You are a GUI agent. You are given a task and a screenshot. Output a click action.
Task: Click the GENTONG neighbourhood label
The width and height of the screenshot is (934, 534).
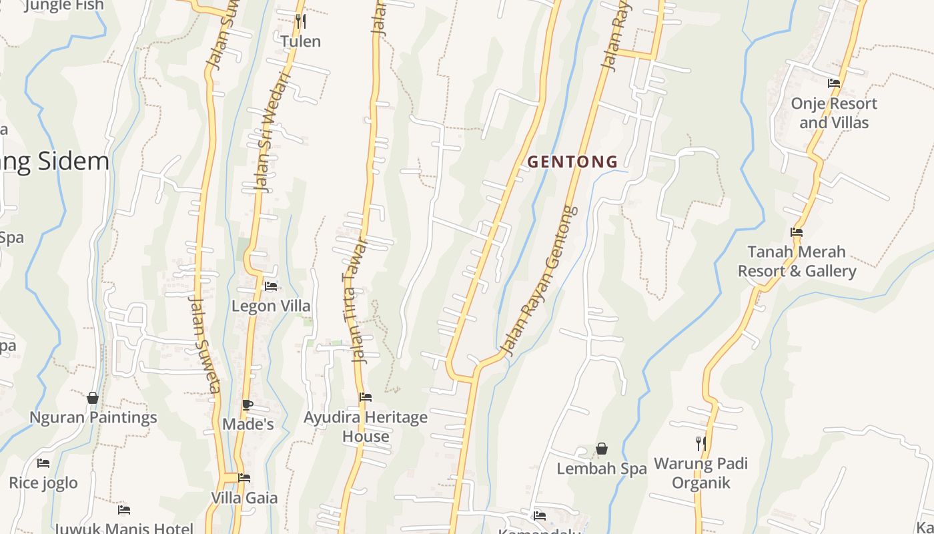572,162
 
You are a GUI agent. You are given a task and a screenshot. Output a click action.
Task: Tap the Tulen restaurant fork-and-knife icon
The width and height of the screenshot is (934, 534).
300,21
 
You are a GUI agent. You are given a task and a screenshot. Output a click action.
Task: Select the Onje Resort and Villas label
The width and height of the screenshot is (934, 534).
834,113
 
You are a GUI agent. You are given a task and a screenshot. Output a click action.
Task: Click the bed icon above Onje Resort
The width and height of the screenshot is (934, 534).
834,83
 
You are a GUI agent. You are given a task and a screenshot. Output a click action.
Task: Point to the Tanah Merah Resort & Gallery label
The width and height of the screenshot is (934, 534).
797,261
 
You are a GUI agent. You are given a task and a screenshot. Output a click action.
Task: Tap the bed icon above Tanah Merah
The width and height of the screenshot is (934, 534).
796,232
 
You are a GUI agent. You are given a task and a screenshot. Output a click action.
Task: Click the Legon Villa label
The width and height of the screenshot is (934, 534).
271,306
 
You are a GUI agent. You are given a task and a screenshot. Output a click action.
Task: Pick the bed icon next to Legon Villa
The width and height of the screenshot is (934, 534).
271,286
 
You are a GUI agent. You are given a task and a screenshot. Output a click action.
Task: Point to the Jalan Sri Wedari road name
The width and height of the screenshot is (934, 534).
272,133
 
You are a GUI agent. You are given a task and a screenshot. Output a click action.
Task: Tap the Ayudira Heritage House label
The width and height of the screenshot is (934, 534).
366,427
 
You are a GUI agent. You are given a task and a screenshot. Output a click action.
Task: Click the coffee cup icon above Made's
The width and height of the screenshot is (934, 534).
248,405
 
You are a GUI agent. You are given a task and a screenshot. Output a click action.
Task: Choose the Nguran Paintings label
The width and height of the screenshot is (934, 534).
93,417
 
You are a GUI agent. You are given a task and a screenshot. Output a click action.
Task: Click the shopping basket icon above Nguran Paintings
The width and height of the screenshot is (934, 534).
93,398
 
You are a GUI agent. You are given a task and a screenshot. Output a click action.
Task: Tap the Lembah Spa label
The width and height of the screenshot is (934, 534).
602,469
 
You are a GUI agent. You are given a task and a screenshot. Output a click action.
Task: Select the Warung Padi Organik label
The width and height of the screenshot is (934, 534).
700,473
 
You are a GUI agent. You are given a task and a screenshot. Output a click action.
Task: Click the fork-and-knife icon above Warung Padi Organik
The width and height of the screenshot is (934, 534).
700,443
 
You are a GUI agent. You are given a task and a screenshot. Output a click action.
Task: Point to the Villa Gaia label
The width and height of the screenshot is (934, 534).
244,497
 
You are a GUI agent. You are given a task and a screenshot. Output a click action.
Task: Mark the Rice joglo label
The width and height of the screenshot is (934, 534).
43,483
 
